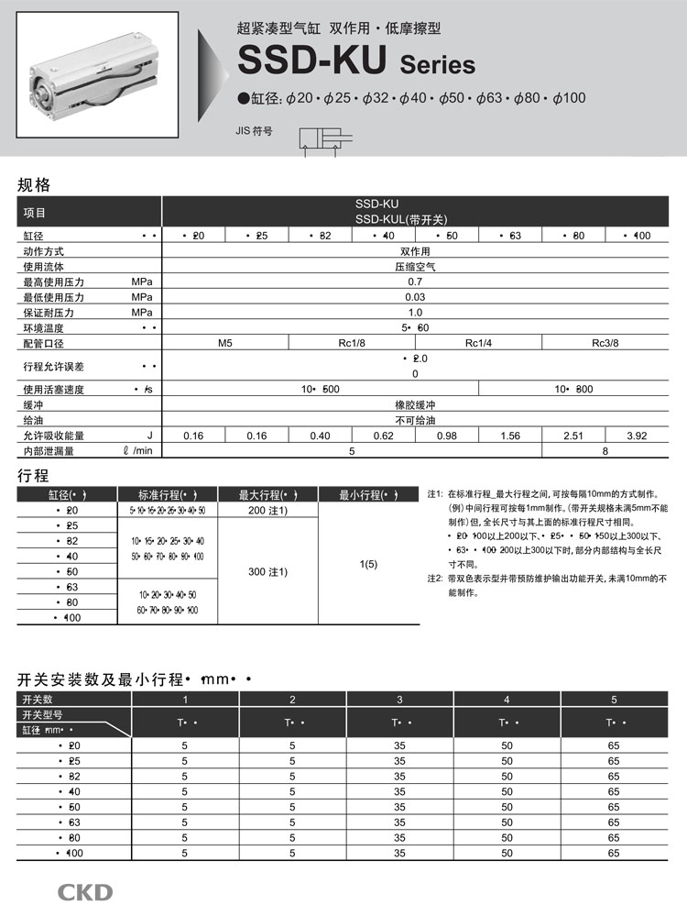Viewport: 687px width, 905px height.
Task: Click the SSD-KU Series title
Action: [356, 62]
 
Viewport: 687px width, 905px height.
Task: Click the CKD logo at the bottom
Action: [85, 890]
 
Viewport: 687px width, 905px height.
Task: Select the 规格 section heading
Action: [35, 184]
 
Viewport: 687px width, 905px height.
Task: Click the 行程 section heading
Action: [34, 475]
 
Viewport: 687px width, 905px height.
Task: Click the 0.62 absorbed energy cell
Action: [383, 436]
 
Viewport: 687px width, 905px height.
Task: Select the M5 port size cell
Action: [225, 343]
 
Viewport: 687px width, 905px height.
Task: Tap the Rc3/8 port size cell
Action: [605, 343]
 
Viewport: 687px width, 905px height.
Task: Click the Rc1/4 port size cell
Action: [479, 343]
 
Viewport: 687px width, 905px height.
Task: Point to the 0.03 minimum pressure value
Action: [415, 297]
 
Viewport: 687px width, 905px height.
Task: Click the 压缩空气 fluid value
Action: [415, 267]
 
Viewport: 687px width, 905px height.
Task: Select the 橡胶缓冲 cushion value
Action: [415, 404]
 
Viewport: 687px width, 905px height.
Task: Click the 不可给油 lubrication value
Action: [415, 420]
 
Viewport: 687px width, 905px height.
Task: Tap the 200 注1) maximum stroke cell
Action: [267, 510]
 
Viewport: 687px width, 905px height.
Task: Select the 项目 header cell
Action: [35, 212]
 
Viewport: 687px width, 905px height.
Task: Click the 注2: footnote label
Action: [435, 579]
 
